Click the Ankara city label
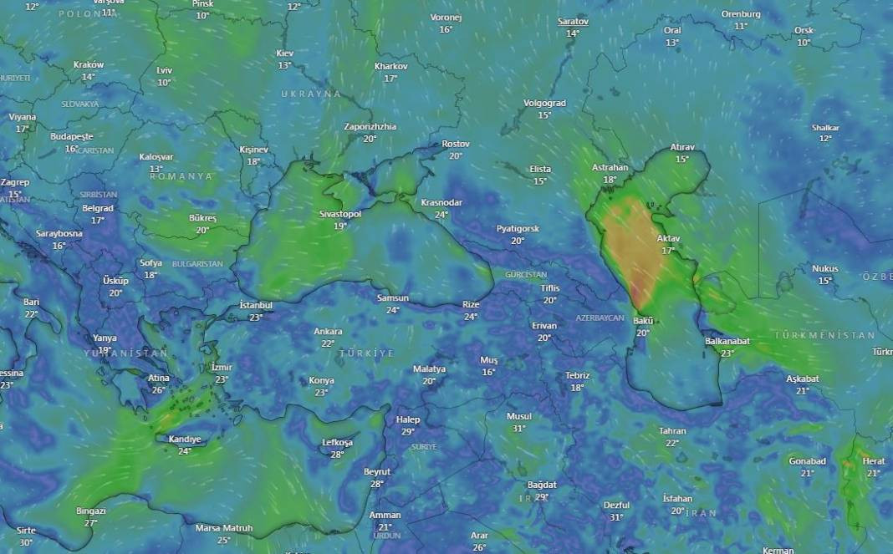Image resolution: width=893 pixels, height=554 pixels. click(328, 331)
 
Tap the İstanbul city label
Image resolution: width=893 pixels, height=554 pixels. click(256, 305)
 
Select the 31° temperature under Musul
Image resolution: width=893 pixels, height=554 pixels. click(518, 429)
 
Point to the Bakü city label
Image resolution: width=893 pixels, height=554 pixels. click(643, 321)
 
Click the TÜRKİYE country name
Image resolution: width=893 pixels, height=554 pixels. click(366, 353)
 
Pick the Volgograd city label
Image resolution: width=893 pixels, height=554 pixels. click(544, 103)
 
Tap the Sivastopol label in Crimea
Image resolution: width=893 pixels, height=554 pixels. click(340, 214)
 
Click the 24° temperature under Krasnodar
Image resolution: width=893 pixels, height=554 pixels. click(441, 215)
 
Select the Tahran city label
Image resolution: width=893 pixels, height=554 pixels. click(672, 431)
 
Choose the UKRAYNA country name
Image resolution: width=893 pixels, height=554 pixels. click(311, 94)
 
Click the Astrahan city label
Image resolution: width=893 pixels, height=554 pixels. click(610, 167)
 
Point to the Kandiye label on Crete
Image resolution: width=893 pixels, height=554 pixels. click(185, 439)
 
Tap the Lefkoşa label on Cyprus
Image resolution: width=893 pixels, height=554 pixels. click(338, 442)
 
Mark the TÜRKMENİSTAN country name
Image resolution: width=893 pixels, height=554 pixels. click(824, 335)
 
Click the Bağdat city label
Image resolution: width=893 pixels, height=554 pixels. click(542, 485)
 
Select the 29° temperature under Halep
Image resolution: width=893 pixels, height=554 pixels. click(408, 432)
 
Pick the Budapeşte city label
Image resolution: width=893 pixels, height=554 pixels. click(71, 136)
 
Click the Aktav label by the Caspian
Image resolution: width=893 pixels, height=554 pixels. click(668, 238)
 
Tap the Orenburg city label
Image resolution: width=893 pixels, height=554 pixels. click(741, 14)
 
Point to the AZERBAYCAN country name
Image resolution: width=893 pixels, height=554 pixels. click(600, 318)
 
